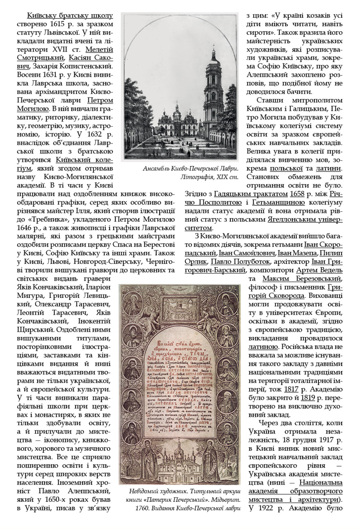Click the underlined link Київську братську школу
(x=70, y=16)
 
